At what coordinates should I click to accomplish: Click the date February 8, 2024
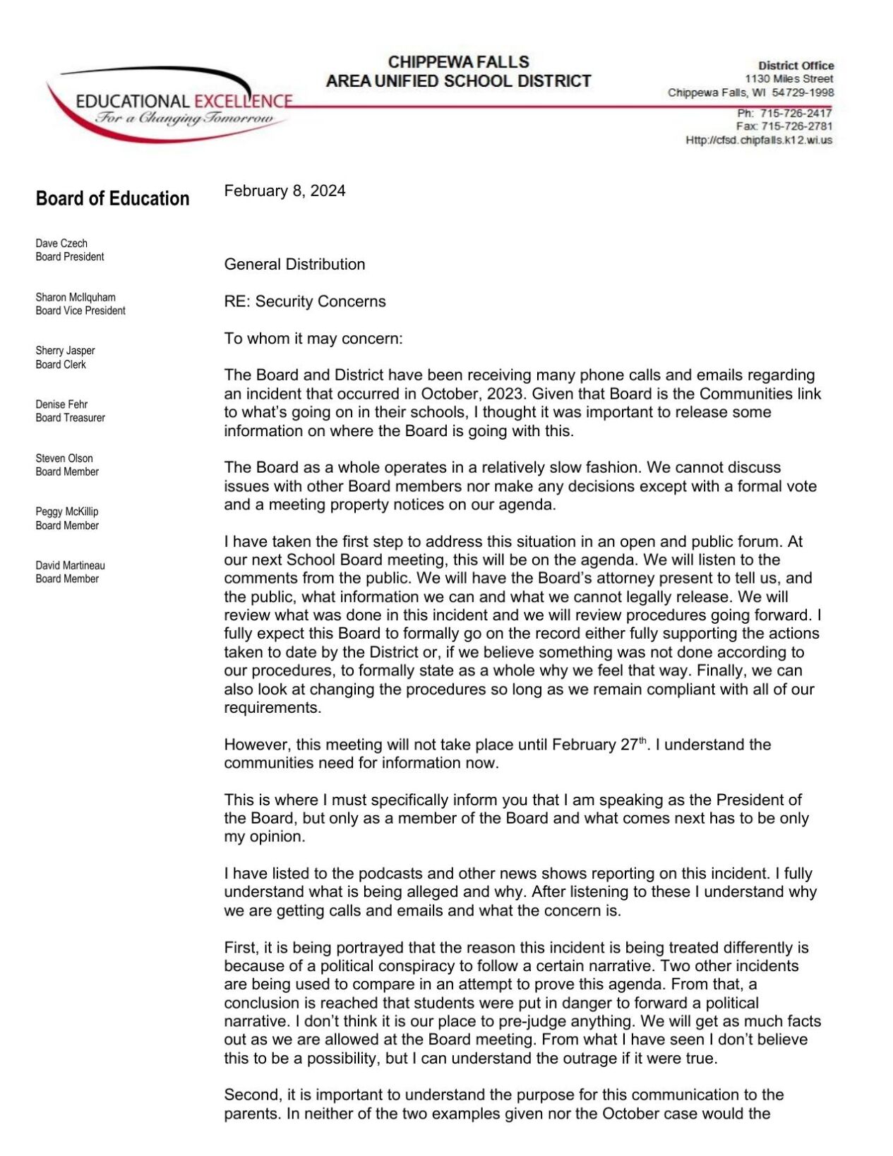(x=284, y=191)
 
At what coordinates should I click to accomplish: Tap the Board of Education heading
(x=112, y=198)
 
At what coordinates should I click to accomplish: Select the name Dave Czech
(x=61, y=243)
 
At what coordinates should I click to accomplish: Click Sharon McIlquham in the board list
(x=76, y=297)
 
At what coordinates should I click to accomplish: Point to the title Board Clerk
(x=61, y=364)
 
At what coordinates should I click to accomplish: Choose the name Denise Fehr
(x=61, y=404)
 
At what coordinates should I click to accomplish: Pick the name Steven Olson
(x=64, y=458)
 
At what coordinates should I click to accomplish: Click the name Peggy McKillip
(x=67, y=512)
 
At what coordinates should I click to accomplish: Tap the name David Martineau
(x=70, y=565)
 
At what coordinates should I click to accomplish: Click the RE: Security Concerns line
(x=305, y=301)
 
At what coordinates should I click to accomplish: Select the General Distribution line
(x=294, y=264)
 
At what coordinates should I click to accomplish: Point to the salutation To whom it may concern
(x=313, y=338)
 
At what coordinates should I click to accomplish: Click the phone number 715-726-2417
(x=796, y=113)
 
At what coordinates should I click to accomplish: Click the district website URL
(x=759, y=140)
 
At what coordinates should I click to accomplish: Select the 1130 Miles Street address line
(x=789, y=79)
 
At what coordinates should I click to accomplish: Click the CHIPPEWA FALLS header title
(x=458, y=62)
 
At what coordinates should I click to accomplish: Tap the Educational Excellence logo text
(x=184, y=101)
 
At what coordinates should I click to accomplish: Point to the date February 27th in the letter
(x=599, y=745)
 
